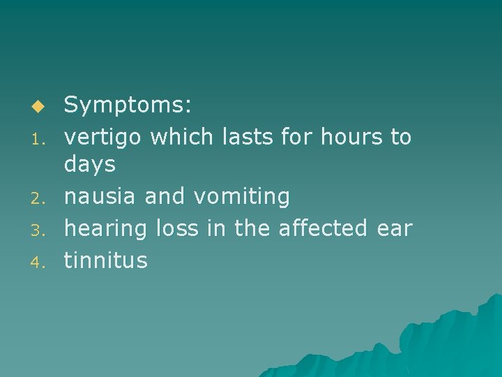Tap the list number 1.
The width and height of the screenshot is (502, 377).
[40, 138]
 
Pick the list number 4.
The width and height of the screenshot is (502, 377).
[40, 262]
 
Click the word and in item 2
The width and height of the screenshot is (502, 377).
[165, 198]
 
